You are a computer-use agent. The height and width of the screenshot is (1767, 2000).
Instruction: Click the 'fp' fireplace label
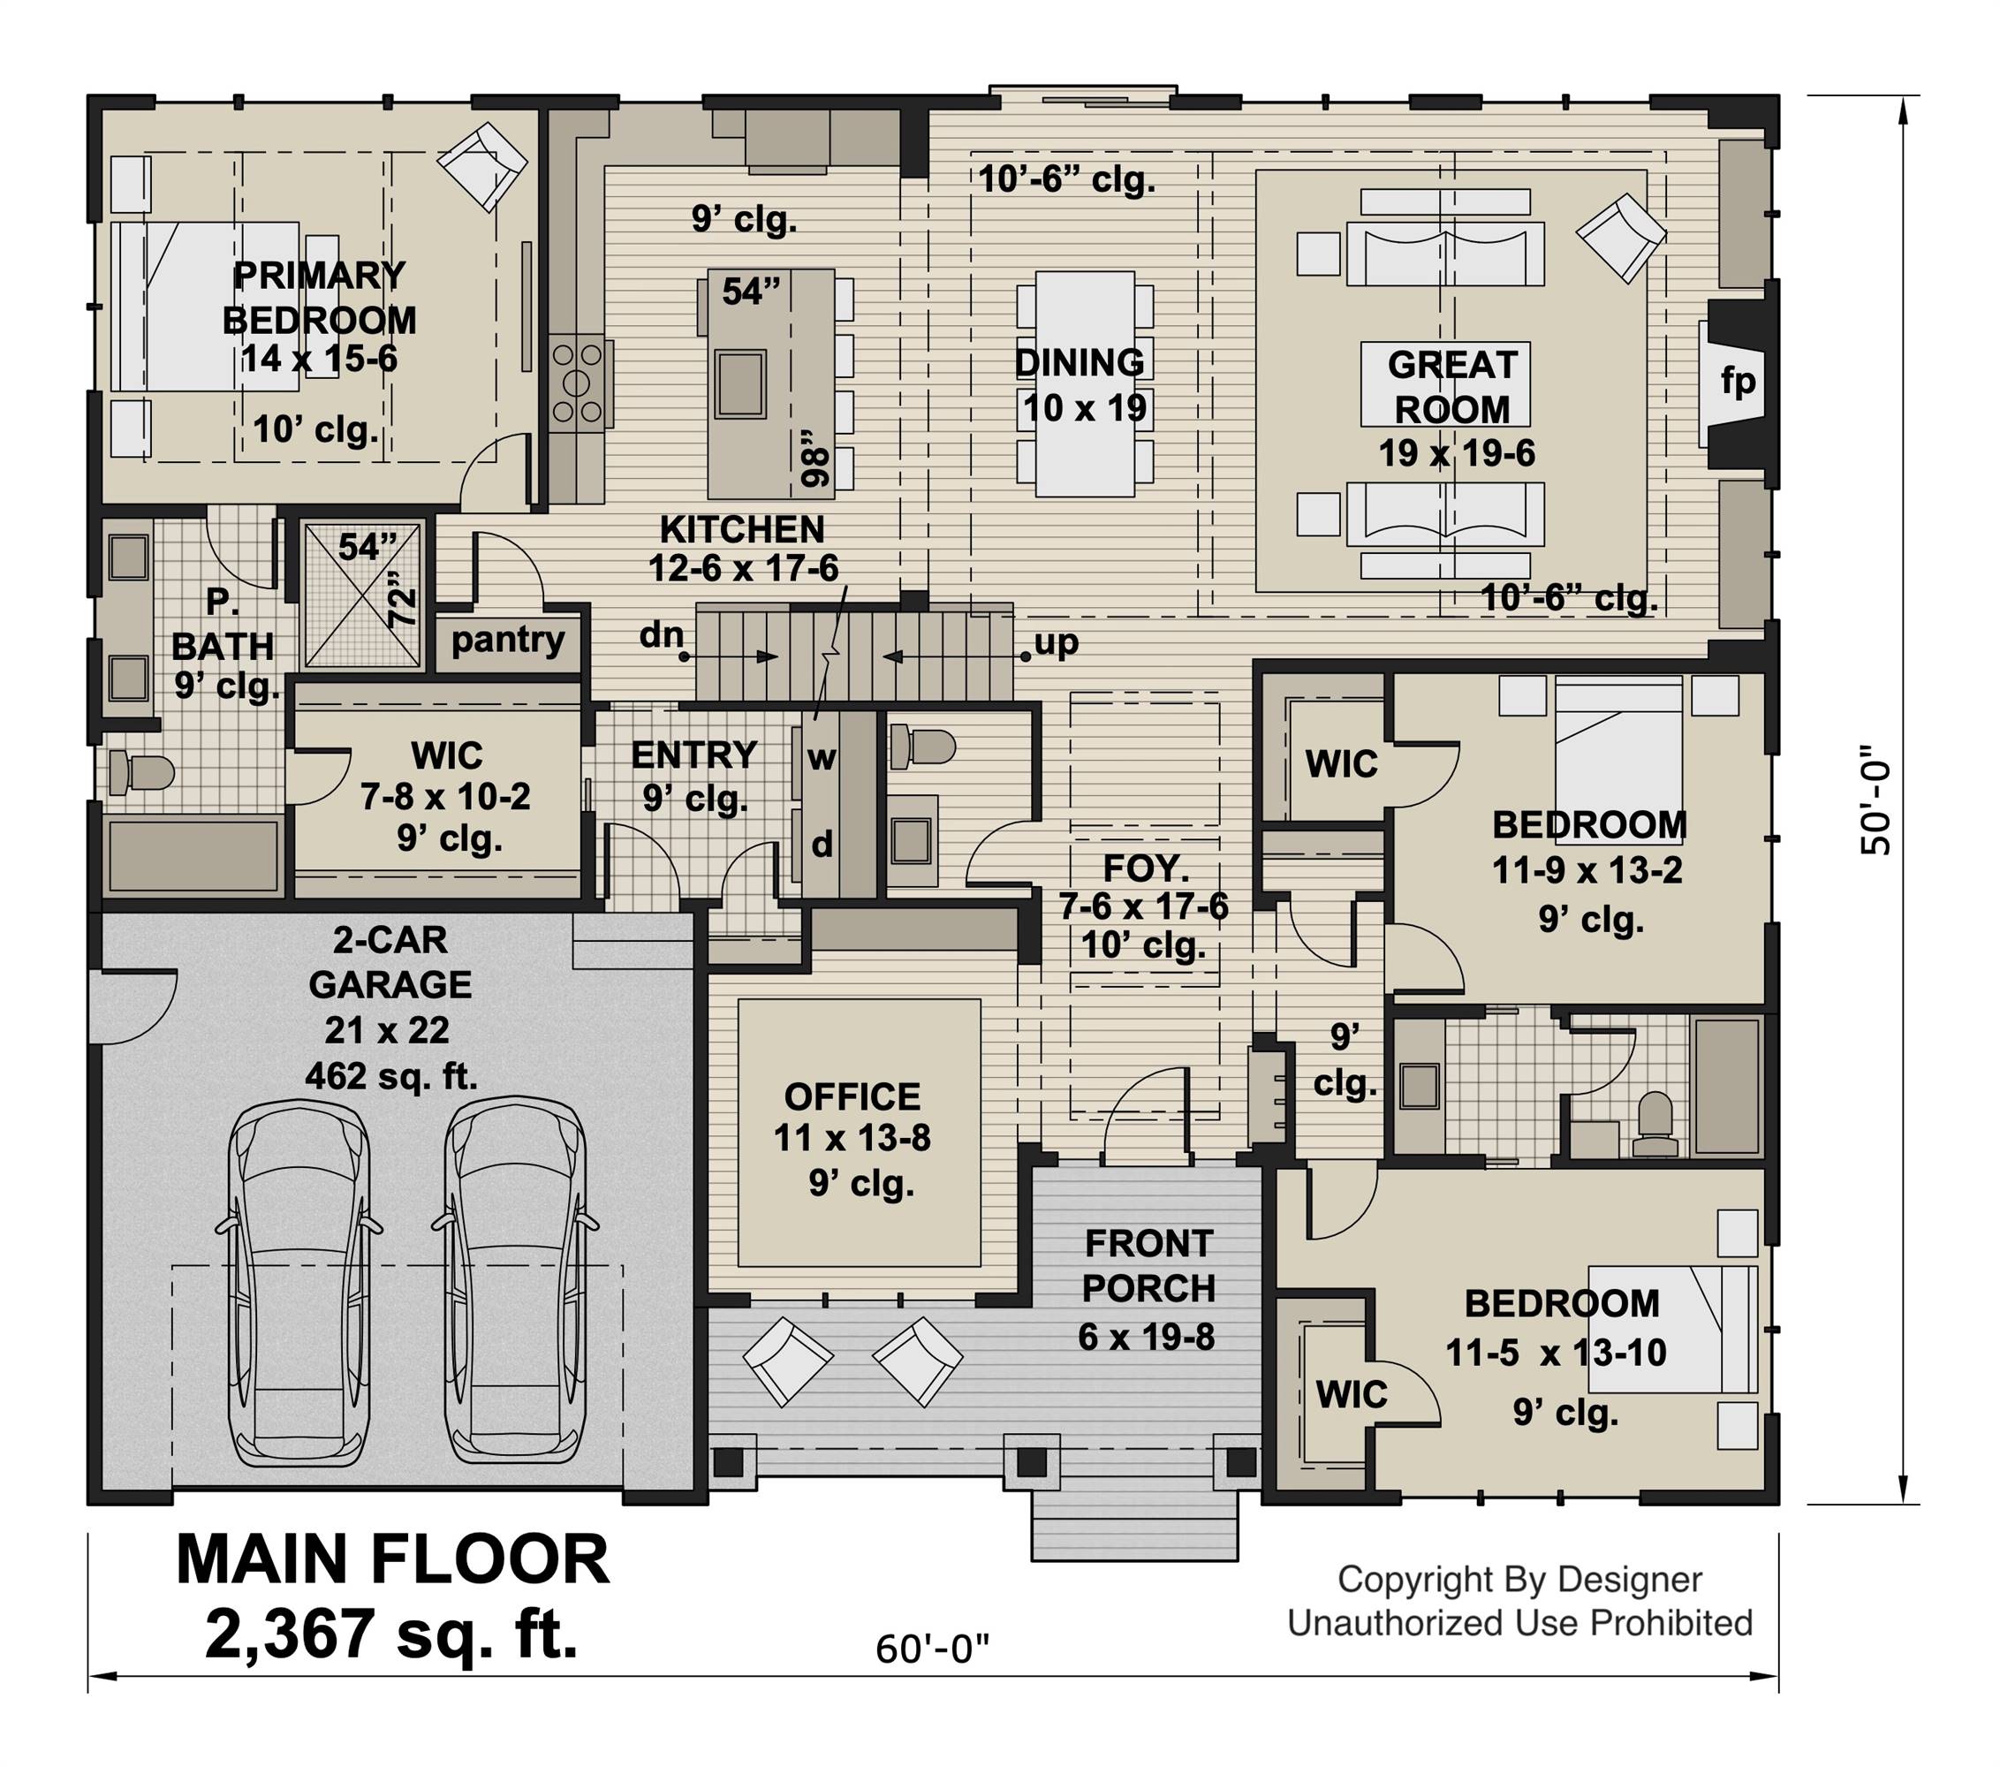click(x=1739, y=382)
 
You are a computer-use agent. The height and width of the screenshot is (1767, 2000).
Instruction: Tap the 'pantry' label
click(x=508, y=640)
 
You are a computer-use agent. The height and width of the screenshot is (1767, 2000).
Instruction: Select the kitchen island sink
click(x=739, y=383)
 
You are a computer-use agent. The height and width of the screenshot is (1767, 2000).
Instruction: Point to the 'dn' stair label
click(x=661, y=635)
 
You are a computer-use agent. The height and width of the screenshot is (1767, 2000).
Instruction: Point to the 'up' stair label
click(x=1057, y=643)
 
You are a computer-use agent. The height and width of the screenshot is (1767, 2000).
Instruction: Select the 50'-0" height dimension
click(x=1875, y=801)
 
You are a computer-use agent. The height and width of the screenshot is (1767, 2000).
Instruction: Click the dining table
click(x=1085, y=383)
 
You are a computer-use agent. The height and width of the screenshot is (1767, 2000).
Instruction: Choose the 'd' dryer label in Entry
click(x=822, y=844)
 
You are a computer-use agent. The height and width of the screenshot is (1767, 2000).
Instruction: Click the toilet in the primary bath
click(x=139, y=773)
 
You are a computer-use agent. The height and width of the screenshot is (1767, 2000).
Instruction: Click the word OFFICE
click(x=852, y=1096)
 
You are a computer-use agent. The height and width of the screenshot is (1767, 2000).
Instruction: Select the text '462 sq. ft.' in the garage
click(x=391, y=1077)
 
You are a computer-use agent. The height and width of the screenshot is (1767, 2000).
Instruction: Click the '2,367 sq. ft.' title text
click(x=391, y=1634)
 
